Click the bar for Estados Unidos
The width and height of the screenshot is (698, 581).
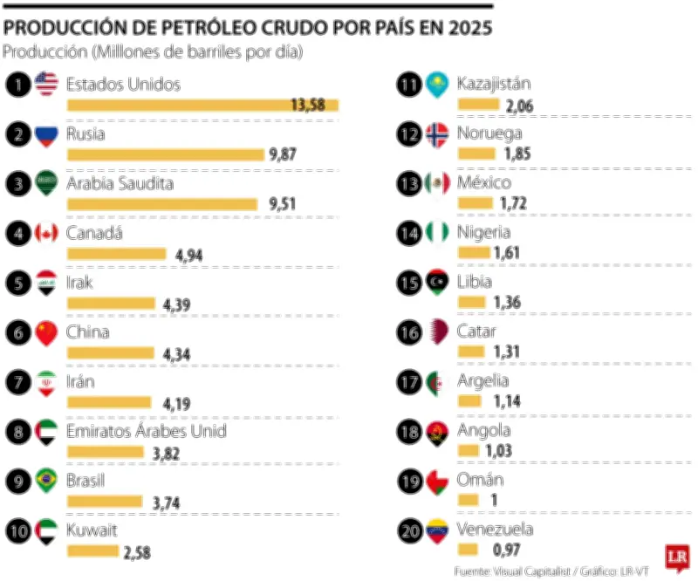tap(202, 105)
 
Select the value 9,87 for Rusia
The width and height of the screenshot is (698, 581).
tap(283, 154)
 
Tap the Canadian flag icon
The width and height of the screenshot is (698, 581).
tap(46, 234)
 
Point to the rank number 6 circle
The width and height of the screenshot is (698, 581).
tap(17, 333)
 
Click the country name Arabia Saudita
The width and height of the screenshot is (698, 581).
tap(120, 184)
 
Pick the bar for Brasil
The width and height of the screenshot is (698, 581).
tap(104, 501)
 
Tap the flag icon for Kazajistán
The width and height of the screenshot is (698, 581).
tap(436, 85)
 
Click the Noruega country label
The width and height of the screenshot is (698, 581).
tap(489, 133)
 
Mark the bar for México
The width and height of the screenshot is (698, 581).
tap(475, 203)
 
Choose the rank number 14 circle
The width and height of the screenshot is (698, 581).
tap(408, 234)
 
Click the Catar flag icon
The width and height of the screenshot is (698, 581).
tap(436, 333)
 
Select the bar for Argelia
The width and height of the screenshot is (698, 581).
tap(469, 401)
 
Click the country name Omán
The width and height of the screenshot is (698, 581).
tap(480, 480)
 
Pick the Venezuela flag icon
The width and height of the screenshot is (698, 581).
tap(436, 530)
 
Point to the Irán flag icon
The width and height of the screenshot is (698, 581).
tap(46, 383)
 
